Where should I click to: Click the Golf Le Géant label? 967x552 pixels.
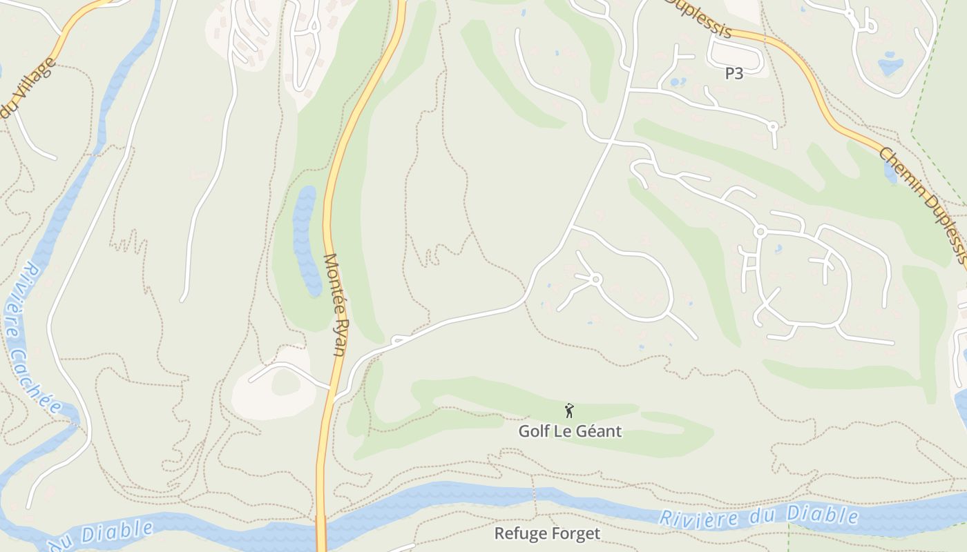point(570,431)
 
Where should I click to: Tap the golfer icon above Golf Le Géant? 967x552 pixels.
point(569,411)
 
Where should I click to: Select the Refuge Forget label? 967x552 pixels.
point(547,533)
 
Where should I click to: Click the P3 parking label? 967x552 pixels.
point(734,73)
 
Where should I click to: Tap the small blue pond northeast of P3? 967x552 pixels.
point(890,66)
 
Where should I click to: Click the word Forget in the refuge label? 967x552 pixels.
point(577,533)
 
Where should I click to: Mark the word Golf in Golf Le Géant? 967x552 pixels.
point(534,431)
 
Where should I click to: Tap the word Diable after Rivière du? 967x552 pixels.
point(830,515)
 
